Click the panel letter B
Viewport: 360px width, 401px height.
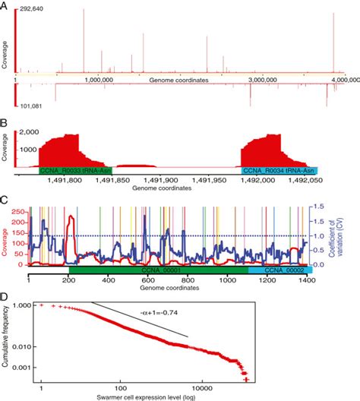[5, 121]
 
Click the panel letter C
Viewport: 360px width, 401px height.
[5, 200]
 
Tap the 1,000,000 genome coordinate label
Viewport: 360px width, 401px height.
[109, 79]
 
